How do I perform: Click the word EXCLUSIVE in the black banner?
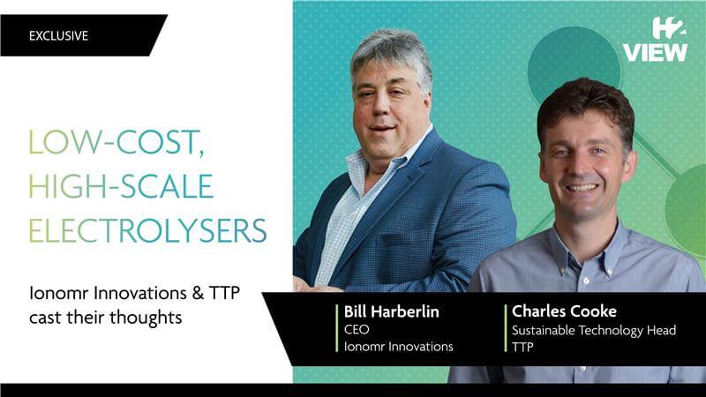tap(58, 35)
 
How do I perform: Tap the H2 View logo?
tap(655, 40)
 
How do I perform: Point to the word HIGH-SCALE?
tap(121, 186)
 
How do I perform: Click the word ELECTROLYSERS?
tap(147, 230)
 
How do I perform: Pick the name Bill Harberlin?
tap(391, 311)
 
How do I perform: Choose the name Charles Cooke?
tap(564, 311)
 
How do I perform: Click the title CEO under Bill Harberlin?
tap(357, 329)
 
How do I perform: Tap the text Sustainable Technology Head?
tap(594, 330)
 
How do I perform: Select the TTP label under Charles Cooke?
tap(522, 347)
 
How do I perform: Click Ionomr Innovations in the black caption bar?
tap(399, 346)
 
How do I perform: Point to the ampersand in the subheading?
tap(198, 293)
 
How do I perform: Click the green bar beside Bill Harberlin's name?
tap(337, 328)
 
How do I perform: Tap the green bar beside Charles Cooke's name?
tap(506, 328)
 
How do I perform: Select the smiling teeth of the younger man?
tap(582, 187)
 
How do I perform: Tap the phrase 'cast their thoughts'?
tap(106, 318)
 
